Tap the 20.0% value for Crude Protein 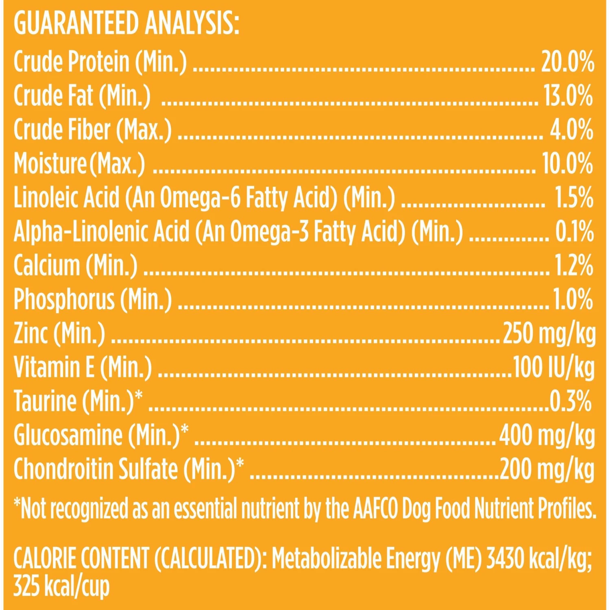(x=567, y=62)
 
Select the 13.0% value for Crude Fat (x=568, y=96)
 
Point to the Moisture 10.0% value (x=567, y=164)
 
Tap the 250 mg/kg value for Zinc (x=549, y=334)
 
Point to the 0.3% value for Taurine (x=570, y=401)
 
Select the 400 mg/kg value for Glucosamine (x=547, y=436)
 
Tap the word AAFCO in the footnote (x=375, y=508)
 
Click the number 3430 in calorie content (x=505, y=559)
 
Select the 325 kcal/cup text (x=61, y=587)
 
